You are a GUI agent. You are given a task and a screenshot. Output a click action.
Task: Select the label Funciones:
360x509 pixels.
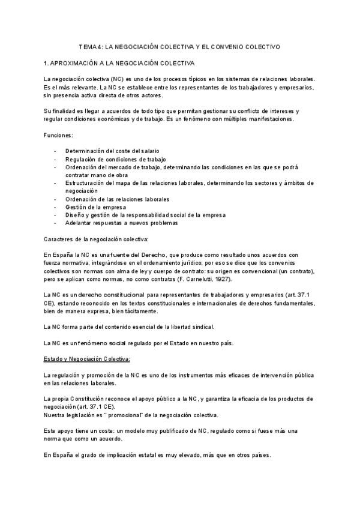click(x=58, y=136)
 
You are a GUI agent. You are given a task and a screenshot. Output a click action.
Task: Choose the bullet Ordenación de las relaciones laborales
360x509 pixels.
click(x=118, y=199)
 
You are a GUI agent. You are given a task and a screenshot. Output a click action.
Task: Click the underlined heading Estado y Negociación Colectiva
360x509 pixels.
click(x=83, y=358)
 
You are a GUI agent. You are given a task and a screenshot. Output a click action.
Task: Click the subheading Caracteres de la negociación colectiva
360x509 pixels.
click(x=91, y=239)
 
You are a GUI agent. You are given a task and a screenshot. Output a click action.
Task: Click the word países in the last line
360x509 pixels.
click(x=257, y=454)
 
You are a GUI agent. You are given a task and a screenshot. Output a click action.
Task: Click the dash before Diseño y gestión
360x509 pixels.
click(x=56, y=215)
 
